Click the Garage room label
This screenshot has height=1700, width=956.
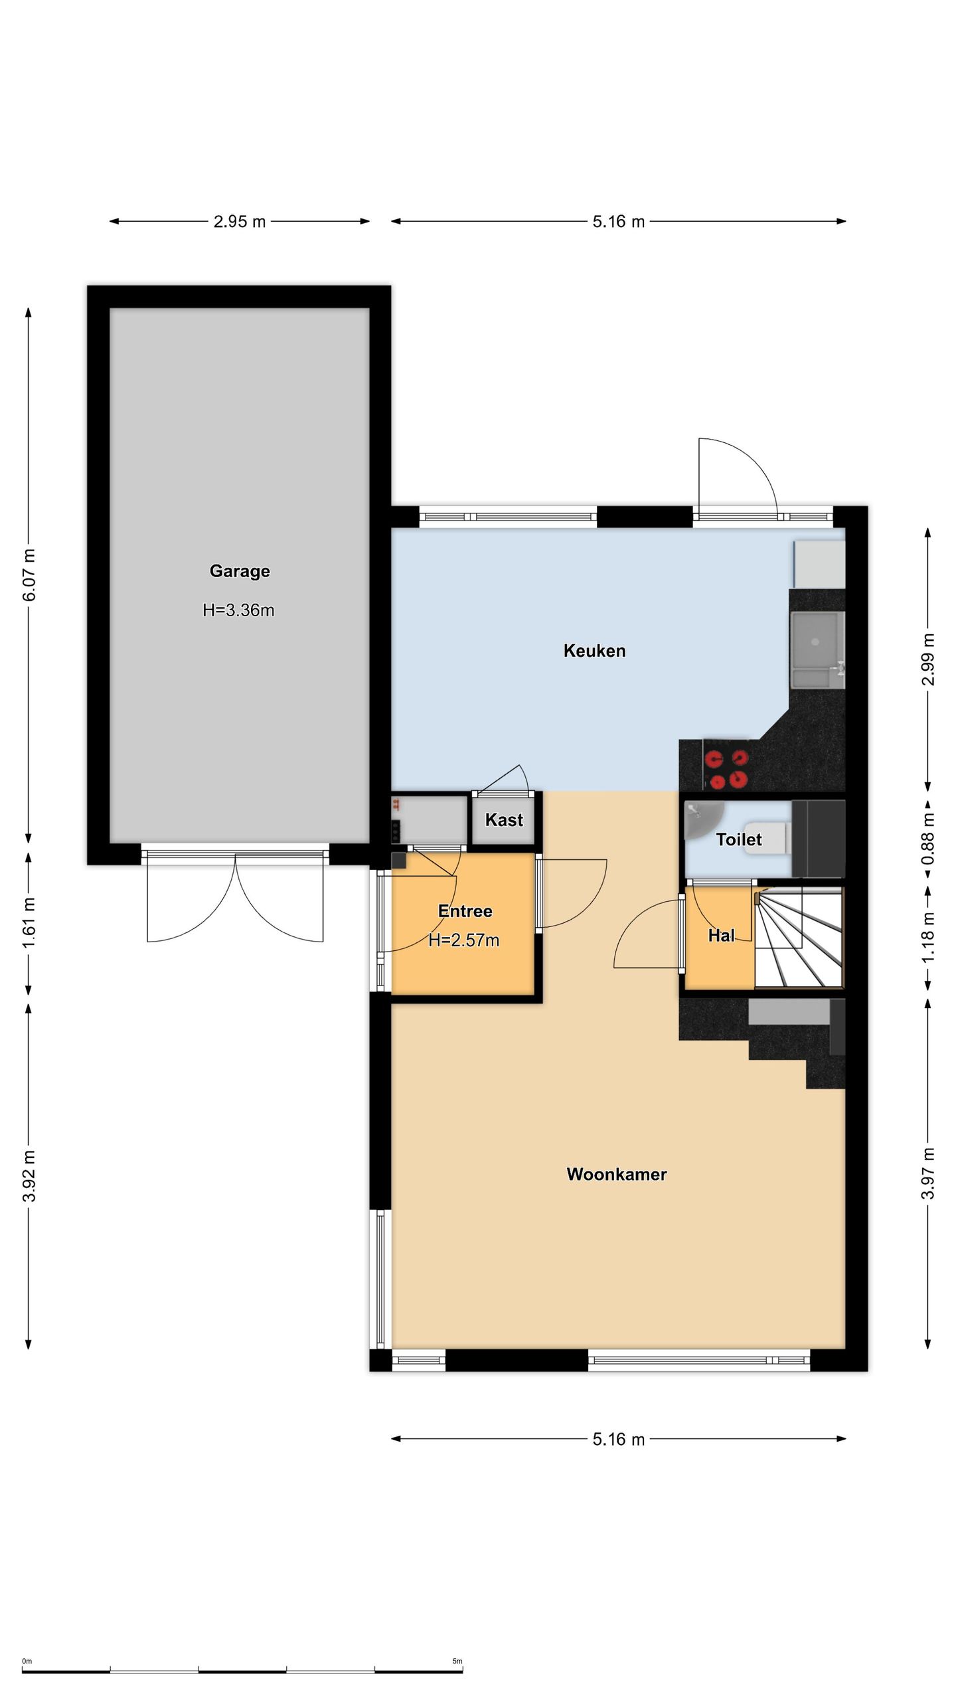(240, 571)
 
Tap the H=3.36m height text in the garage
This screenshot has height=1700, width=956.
(238, 610)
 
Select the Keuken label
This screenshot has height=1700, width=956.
(594, 651)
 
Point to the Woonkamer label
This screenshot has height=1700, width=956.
(616, 1174)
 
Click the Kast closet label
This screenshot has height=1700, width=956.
(504, 820)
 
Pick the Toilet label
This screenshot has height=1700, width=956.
(739, 839)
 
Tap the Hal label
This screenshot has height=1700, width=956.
(721, 935)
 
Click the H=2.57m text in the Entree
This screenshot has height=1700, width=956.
(463, 940)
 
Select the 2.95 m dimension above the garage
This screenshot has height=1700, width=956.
(240, 221)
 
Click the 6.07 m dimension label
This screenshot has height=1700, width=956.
(29, 575)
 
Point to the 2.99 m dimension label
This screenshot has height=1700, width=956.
(928, 659)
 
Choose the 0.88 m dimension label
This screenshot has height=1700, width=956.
(928, 839)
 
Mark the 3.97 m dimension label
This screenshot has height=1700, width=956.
(928, 1173)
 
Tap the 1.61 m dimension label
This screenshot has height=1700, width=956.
(29, 924)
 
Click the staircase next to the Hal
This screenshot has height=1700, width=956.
(799, 938)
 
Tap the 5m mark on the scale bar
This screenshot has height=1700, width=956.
(457, 1661)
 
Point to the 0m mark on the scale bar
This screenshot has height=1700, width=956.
(27, 1661)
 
